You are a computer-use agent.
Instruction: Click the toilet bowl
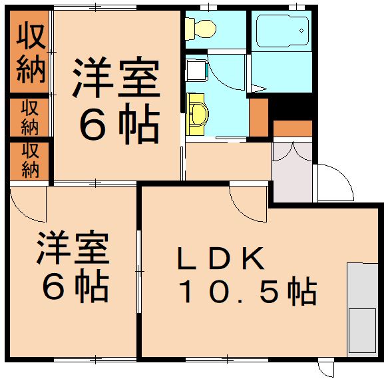tap(202, 27)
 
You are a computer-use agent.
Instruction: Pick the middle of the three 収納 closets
tap(29, 117)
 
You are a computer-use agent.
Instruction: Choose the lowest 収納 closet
tap(29, 160)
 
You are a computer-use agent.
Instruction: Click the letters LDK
tap(220, 257)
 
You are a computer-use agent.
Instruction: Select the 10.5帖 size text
tap(246, 290)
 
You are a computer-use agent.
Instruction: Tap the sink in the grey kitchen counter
tap(362, 330)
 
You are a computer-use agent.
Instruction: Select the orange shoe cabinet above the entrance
tap(292, 129)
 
